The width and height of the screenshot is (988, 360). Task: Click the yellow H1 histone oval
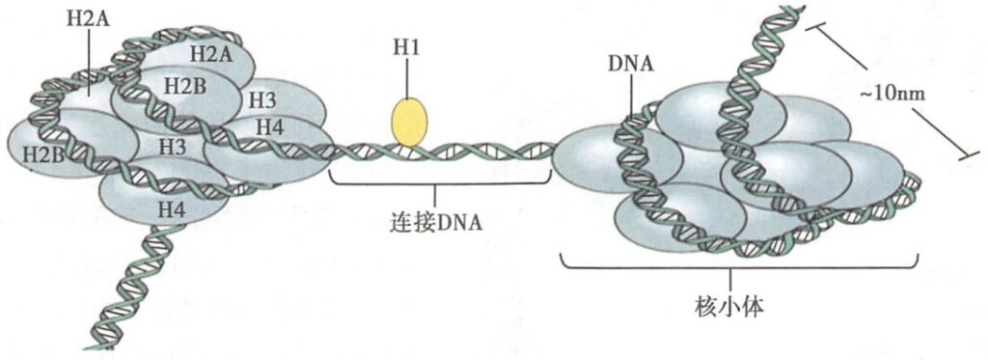click(409, 122)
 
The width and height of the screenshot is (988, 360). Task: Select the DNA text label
click(632, 65)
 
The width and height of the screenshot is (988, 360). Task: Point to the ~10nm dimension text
click(892, 94)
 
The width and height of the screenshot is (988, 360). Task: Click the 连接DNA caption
click(436, 222)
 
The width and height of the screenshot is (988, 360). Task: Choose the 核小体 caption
click(729, 308)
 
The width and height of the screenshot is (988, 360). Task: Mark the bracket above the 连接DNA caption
click(440, 180)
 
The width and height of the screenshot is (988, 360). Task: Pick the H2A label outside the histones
click(89, 19)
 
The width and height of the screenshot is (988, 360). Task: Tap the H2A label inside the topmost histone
click(211, 55)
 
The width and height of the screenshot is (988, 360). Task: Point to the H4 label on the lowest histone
click(172, 209)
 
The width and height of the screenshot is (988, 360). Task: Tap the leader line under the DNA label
click(632, 96)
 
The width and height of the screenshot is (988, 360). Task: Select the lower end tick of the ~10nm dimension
click(969, 155)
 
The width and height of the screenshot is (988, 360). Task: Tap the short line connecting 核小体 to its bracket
click(731, 281)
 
